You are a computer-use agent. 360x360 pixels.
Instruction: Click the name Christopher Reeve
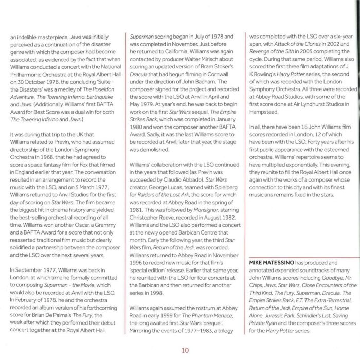point(151,218)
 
